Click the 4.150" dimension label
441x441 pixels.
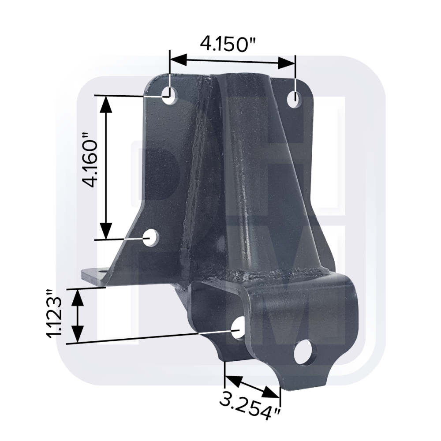click(228, 44)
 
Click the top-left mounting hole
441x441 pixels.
click(170, 95)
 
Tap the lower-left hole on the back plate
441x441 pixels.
click(151, 238)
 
